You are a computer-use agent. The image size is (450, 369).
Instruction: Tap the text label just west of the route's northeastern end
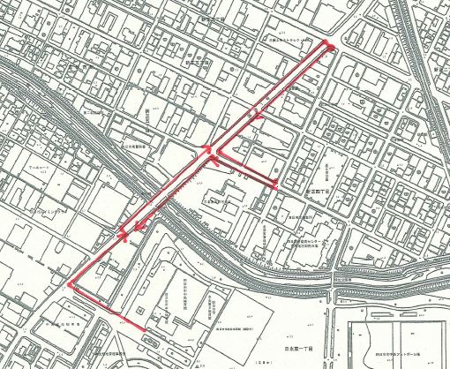click(287, 41)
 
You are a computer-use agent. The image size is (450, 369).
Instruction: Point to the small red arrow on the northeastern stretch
click(257, 111)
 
